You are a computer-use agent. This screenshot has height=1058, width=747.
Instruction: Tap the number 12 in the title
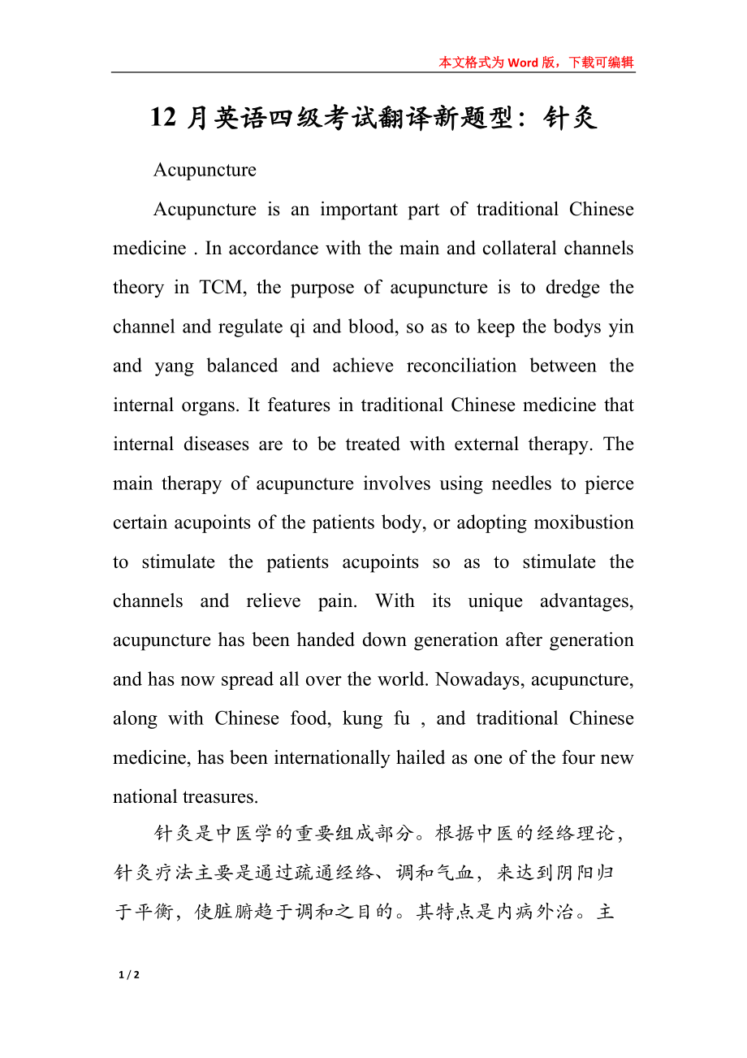point(163,119)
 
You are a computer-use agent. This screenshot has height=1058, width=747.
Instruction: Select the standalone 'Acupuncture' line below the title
point(205,170)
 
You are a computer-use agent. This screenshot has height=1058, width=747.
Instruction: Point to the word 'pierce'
point(608,483)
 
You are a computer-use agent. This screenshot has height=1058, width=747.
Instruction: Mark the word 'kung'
point(362,718)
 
